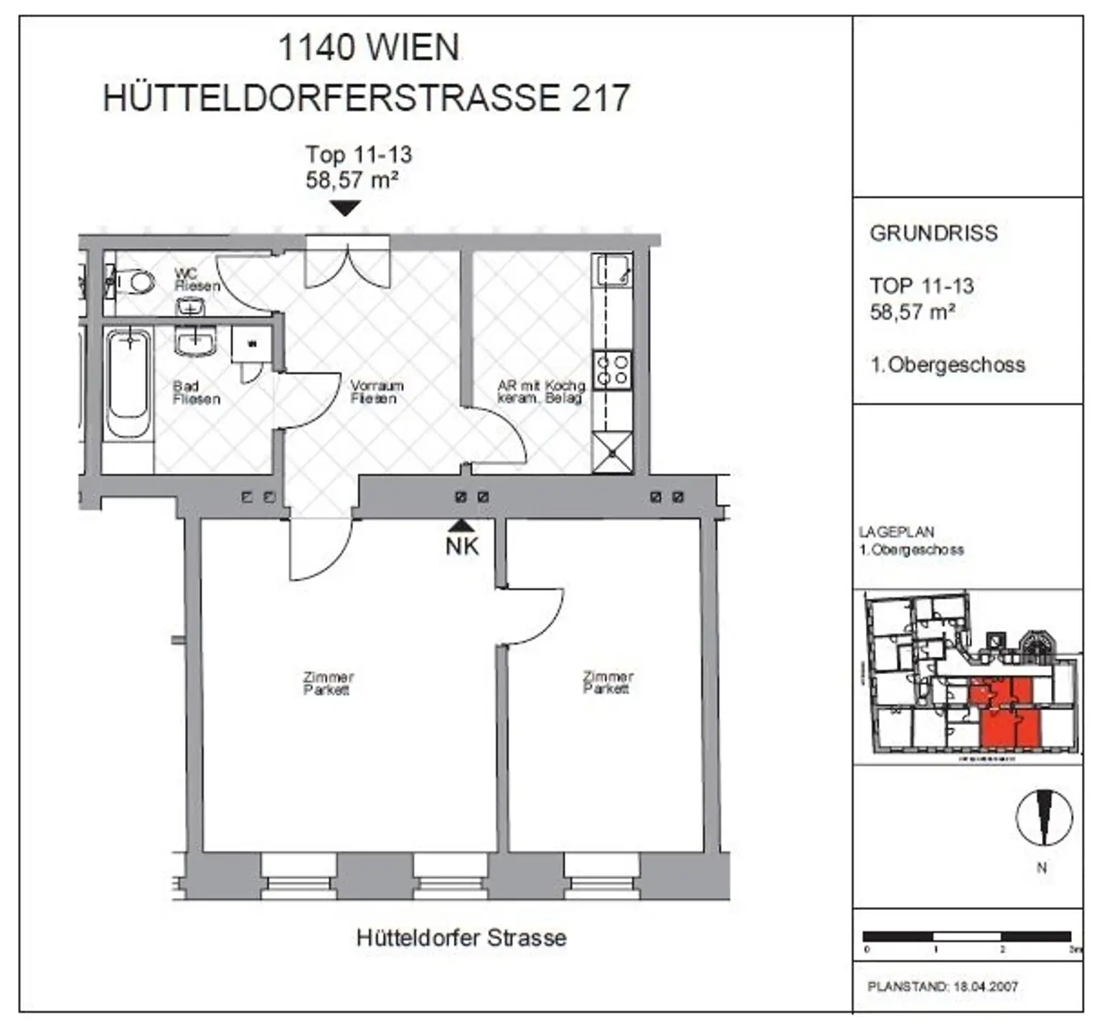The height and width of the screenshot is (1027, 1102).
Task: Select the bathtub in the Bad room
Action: coord(129,383)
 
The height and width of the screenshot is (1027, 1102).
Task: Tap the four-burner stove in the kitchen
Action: coord(613,370)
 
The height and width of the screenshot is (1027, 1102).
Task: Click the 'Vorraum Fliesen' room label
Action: coord(376,392)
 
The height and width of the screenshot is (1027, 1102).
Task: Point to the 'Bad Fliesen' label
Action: coord(196,392)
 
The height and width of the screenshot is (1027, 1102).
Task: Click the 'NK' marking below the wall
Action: coord(462,546)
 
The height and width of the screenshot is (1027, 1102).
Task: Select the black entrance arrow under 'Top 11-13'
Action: coord(346,208)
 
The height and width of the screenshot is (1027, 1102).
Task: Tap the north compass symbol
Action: coord(1044,818)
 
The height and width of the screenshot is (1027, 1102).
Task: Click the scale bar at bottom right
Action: coord(966,936)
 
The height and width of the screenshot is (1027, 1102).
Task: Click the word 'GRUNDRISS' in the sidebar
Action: coord(933,233)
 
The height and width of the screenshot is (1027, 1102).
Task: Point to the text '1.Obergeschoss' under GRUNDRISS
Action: coord(948,364)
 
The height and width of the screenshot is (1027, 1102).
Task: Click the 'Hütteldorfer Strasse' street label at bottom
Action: coord(461,937)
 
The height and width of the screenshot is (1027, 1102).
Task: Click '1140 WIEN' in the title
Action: coord(368,48)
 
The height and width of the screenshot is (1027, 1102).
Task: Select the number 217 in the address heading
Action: coord(600,98)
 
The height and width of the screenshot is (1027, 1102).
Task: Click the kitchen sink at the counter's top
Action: coord(612,270)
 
